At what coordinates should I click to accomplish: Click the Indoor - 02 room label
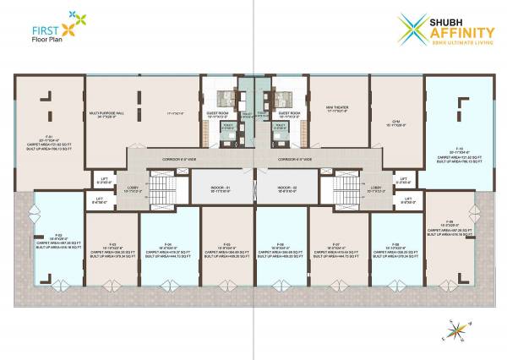pyautogui.click(x=286, y=188)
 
